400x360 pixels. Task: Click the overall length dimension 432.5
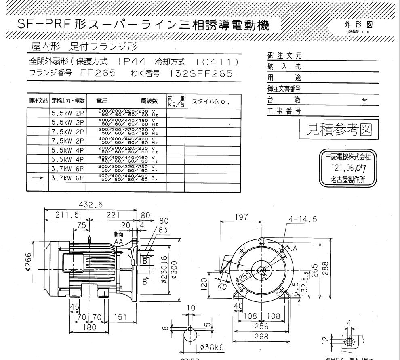point(91,205)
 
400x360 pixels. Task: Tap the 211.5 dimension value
point(67,215)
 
